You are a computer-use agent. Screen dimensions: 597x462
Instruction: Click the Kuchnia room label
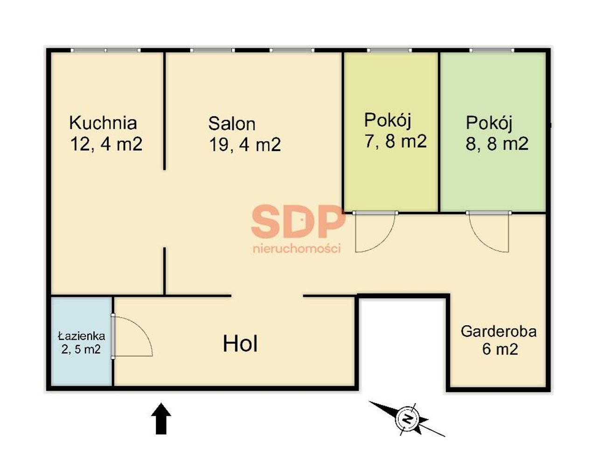coord(103,123)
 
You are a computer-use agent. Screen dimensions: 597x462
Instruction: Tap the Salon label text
coord(232,124)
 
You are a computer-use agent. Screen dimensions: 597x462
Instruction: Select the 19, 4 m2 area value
coord(245,144)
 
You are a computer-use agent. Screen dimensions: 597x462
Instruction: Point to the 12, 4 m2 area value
coord(106,144)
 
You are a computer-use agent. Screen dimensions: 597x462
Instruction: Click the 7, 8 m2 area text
coord(396,141)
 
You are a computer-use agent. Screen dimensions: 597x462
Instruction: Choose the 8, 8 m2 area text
coord(497,143)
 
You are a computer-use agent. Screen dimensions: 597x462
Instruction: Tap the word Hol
coord(240,344)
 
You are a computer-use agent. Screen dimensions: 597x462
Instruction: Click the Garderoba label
coord(499,331)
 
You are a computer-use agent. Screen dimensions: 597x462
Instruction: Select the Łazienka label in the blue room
coord(82,336)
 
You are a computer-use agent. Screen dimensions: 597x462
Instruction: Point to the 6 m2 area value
coord(500,350)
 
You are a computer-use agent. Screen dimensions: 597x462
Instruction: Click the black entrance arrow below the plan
coord(161,419)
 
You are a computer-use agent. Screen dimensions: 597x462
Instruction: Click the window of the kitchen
coord(106,50)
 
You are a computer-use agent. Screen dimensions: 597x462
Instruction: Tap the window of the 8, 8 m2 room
coord(492,50)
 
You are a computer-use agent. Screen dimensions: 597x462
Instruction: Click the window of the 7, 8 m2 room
coord(389,50)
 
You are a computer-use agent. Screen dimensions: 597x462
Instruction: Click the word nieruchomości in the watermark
coord(297,249)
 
